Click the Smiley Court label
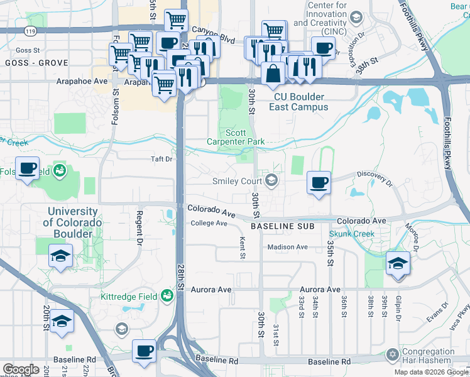pyautogui.click(x=238, y=182)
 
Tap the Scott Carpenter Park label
pyautogui.click(x=236, y=138)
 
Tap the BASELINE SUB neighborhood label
pyautogui.click(x=281, y=226)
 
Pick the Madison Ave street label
pyautogui.click(x=287, y=247)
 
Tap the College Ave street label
pyautogui.click(x=209, y=223)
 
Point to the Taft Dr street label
pyautogui.click(x=161, y=160)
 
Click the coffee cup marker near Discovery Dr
pyautogui.click(x=319, y=183)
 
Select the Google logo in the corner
pyautogui.click(x=20, y=369)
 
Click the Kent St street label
pyautogui.click(x=242, y=247)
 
